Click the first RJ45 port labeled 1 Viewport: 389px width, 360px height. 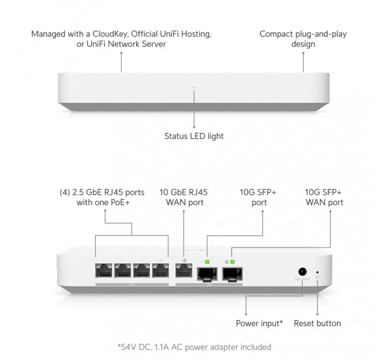coord(105,270)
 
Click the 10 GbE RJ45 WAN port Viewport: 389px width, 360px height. coord(184,270)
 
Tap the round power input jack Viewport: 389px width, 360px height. coord(300,273)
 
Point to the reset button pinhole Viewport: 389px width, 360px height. coord(317,273)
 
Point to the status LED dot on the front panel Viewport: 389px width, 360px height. coord(194,88)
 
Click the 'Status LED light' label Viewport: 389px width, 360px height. coord(194,136)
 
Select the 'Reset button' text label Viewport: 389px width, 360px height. coord(317,323)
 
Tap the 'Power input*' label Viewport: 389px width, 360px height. coord(259,323)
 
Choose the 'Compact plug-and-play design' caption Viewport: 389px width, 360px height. coord(303,39)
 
